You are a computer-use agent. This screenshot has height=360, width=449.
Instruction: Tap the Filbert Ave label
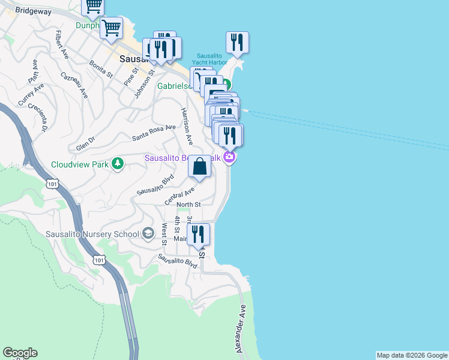pos(61,44)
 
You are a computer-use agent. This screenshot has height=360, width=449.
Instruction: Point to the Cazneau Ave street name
pos(74,85)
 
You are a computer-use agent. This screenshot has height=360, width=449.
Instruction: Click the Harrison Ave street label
pos(187,126)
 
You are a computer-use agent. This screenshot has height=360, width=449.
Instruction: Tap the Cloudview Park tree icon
pos(118,164)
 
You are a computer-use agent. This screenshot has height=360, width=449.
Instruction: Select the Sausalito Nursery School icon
pos(148,233)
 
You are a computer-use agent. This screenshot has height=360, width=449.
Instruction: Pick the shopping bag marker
pos(200,166)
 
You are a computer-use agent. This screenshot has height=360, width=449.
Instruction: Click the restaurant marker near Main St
pos(198,234)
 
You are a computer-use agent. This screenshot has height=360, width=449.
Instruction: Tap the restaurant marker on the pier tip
pos(237,42)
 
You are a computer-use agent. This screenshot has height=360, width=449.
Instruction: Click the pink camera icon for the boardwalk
pos(229,158)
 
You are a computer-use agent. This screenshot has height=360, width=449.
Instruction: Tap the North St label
pos(188,205)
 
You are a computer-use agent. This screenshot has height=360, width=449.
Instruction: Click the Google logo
pos(20,353)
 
